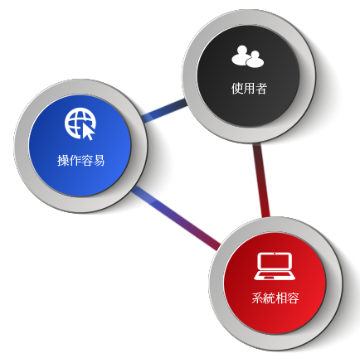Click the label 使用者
pos(249,89)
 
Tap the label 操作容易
pos(81,161)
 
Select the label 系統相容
pos(275,298)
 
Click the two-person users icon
pos(248,56)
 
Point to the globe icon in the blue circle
pos(80,123)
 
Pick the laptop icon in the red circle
pos(275,266)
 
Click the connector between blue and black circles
pos(165,110)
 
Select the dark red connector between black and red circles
pos(261,180)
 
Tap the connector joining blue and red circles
pos(176,218)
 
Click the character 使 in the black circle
pos(237,89)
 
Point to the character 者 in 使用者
pos(261,89)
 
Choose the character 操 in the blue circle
pos(63,161)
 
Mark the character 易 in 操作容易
pos(100,161)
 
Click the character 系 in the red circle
pos(257,298)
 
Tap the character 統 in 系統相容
pos(270,298)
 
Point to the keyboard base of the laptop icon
pos(275,276)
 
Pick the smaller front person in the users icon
pos(255,60)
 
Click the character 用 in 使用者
pos(249,89)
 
